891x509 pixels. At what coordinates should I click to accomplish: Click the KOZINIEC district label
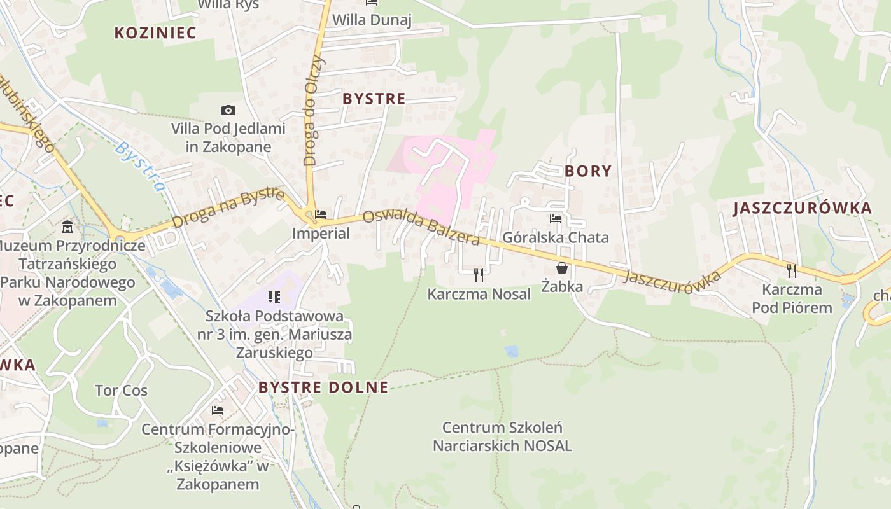(155, 33)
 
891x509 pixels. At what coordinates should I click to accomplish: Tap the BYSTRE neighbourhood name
(374, 99)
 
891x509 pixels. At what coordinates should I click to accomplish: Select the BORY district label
(587, 171)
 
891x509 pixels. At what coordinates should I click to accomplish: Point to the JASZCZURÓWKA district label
(802, 208)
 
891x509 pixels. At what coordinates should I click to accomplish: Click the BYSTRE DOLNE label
(323, 387)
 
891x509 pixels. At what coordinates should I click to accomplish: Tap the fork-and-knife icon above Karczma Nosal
(479, 275)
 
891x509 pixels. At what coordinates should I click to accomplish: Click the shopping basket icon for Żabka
(561, 268)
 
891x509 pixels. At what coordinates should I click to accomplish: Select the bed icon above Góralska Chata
(556, 219)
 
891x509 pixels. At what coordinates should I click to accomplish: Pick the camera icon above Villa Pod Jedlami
(228, 111)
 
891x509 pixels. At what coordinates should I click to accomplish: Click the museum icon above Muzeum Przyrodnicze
(67, 227)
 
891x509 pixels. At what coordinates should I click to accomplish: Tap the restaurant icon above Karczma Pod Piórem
(792, 270)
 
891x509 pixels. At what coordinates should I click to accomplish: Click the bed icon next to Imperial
(321, 215)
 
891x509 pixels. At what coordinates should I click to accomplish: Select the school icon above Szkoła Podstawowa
(274, 296)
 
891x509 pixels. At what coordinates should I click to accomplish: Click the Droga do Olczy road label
(314, 111)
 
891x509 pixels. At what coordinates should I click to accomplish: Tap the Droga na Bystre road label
(228, 207)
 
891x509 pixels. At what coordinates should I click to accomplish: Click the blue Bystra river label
(139, 166)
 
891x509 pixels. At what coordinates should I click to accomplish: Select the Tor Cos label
(121, 391)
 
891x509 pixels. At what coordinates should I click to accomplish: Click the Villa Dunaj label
(372, 20)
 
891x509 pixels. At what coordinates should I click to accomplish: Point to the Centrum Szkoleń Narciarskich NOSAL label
(502, 436)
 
